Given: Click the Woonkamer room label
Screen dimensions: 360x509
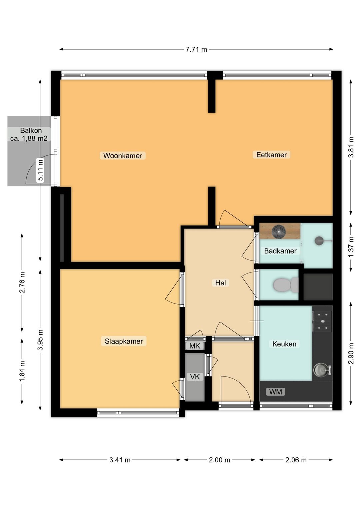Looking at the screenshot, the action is point(122,156).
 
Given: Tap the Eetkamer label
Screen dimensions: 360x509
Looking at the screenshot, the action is point(271,155).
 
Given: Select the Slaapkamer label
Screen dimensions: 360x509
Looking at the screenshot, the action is point(124,341).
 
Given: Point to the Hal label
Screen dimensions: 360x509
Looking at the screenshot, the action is point(221,283).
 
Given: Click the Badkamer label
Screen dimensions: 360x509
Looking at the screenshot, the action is point(280,251).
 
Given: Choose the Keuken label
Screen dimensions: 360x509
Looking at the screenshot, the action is point(284,344).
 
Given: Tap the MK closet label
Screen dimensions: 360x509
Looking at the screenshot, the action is point(195,346).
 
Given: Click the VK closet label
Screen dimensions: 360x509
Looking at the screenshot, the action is point(195,377).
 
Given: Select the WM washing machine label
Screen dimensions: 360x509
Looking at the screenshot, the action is point(276,392).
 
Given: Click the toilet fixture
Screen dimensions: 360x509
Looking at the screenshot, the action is point(286,285).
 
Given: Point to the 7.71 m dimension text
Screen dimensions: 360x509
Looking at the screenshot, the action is point(196,49).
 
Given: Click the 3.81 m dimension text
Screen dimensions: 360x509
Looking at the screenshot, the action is point(351,147).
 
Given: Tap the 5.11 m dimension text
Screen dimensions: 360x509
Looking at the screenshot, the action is point(40,170).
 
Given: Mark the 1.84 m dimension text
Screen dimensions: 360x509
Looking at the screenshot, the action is point(22,374).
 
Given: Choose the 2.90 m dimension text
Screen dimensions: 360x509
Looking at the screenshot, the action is point(351,354).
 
